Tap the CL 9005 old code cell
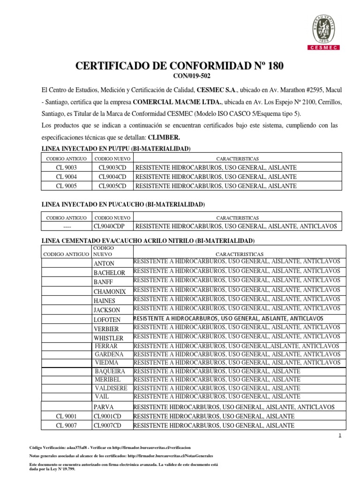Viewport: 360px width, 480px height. (67, 186)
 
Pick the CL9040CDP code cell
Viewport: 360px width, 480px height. (113, 226)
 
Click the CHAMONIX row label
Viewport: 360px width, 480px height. (109, 291)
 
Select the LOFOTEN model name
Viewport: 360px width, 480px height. (107, 319)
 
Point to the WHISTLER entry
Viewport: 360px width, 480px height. (108, 338)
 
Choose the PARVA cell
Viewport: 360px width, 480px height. (104, 407)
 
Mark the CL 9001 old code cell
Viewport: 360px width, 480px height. (67, 416)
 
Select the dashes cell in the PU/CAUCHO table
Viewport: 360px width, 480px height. (66, 226)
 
